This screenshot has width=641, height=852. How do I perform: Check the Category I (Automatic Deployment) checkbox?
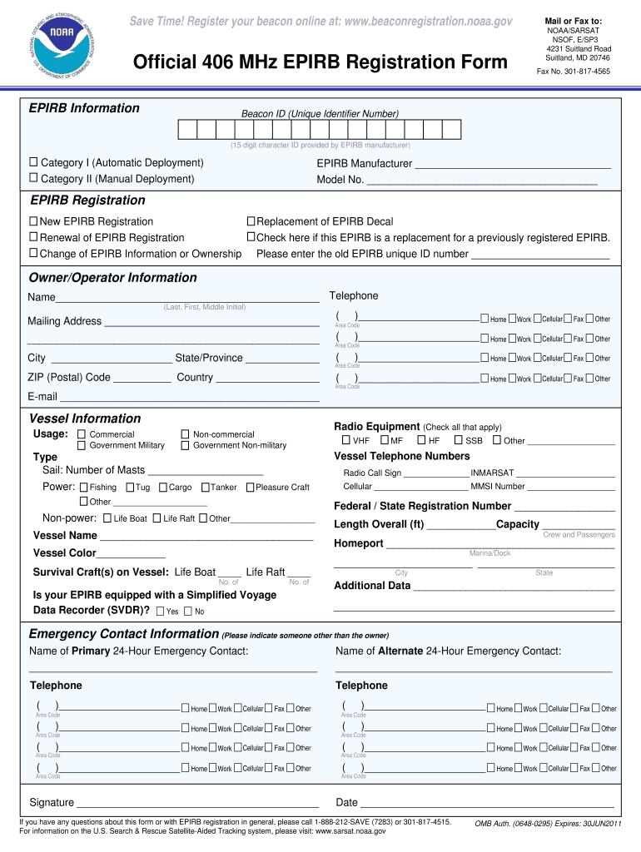click(x=34, y=162)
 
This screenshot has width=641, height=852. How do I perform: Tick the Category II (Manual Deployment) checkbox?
click(x=34, y=178)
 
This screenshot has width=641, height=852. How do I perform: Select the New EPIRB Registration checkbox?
click(x=34, y=221)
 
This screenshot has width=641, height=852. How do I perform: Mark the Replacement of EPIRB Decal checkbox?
click(x=250, y=221)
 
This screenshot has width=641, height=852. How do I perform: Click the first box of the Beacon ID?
click(x=186, y=129)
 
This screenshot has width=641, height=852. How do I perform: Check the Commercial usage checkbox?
click(x=82, y=434)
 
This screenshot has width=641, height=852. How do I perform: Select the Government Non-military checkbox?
click(x=186, y=445)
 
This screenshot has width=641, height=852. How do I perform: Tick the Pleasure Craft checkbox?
click(x=250, y=487)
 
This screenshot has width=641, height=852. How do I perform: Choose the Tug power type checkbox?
click(x=131, y=487)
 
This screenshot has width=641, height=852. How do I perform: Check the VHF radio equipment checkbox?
click(x=345, y=440)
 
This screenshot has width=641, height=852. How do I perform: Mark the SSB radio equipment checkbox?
click(x=458, y=440)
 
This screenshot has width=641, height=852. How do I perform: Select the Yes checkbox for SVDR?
click(x=160, y=612)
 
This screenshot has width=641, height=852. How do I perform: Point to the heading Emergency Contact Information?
click(x=124, y=634)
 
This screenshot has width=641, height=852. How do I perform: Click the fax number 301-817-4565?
click(x=585, y=72)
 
